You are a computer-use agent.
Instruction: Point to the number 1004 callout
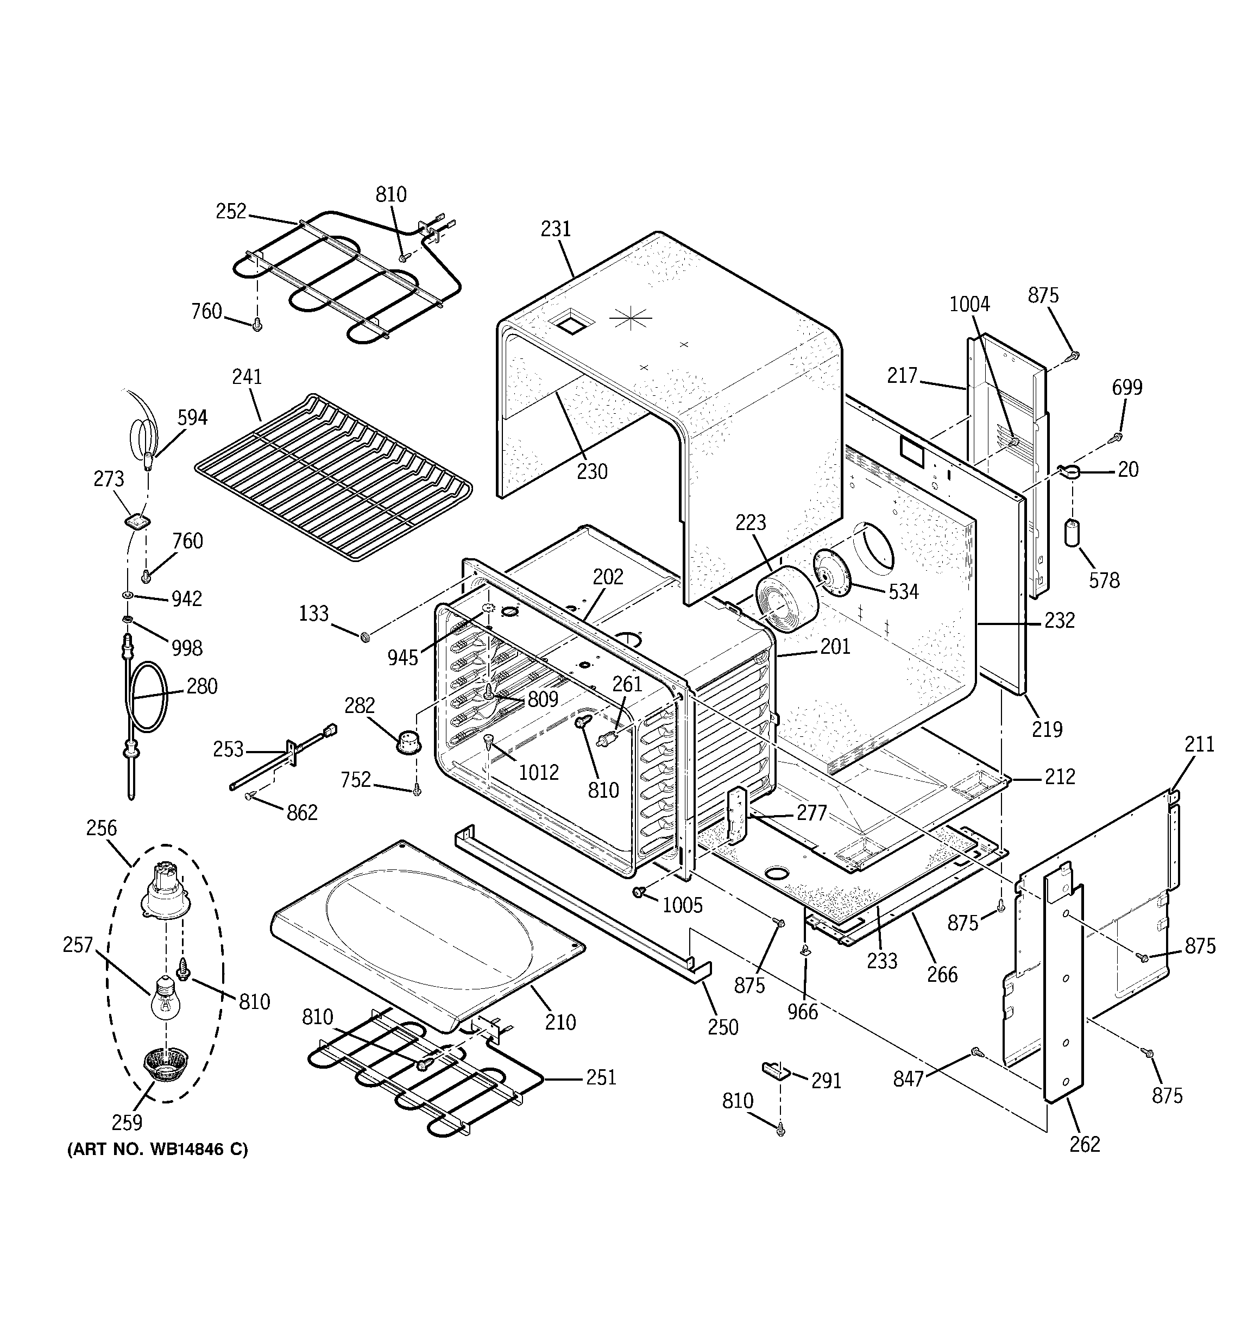point(969,305)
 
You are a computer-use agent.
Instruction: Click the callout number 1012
point(538,772)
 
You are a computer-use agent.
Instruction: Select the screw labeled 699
point(1118,437)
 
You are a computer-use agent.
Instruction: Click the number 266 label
point(942,974)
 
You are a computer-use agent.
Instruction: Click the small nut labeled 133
point(365,636)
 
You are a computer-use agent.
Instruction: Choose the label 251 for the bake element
point(601,1077)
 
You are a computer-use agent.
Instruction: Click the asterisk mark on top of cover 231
point(631,318)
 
